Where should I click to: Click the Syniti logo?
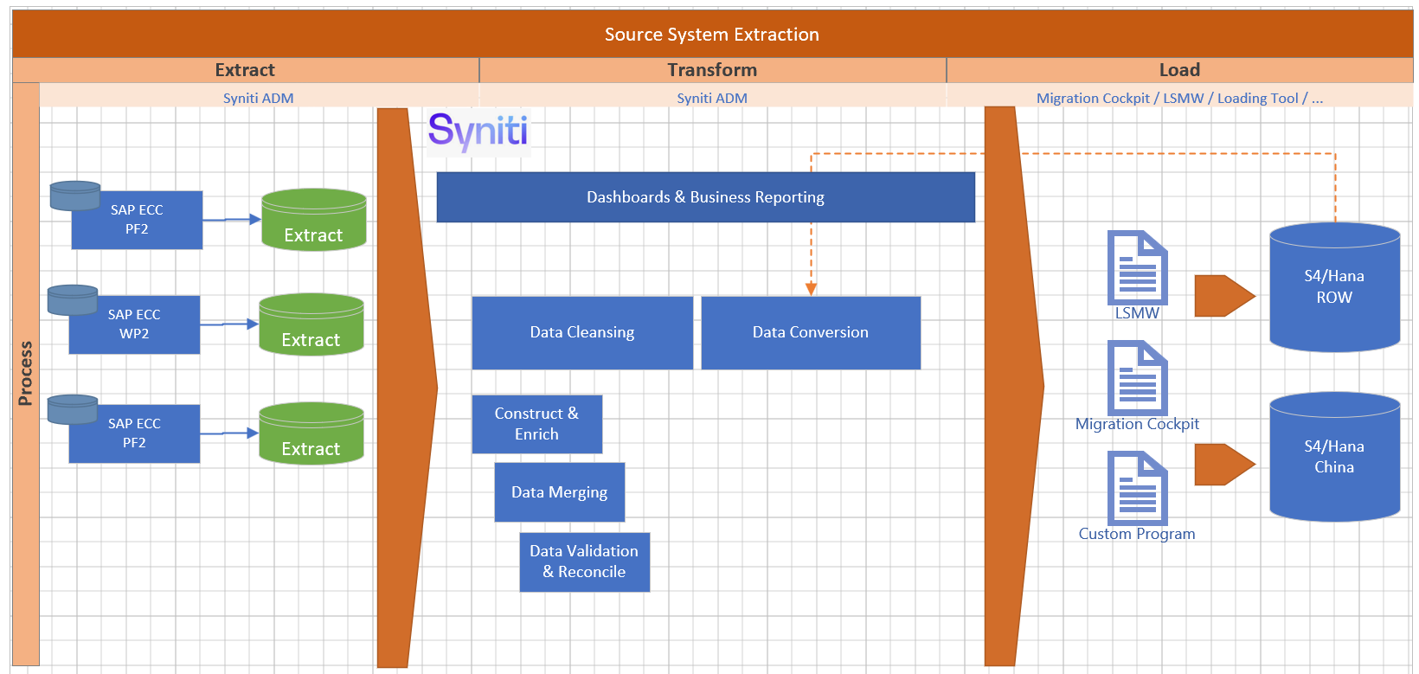point(478,132)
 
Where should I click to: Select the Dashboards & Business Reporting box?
point(705,197)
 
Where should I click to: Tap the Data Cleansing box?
point(582,333)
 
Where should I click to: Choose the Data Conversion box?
point(811,333)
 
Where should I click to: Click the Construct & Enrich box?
point(536,424)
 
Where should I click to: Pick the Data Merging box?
point(559,492)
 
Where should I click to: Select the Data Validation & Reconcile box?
point(584,562)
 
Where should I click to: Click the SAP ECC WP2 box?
point(134,324)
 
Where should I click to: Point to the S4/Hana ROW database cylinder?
point(1334,287)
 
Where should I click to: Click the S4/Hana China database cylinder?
point(1334,457)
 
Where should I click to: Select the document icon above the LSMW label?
point(1138,267)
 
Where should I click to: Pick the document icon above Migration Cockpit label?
point(1138,378)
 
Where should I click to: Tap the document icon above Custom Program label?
point(1138,488)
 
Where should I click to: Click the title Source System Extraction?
point(711,35)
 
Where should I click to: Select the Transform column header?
point(712,70)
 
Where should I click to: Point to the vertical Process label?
point(26,374)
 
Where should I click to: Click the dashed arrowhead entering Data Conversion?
point(811,289)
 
